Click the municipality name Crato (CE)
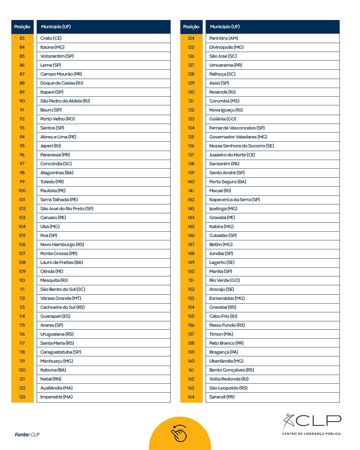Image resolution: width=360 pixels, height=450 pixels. [x=51, y=38]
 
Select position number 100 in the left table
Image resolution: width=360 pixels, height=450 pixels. [x=22, y=191]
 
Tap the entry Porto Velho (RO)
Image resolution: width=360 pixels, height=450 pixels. [x=57, y=119]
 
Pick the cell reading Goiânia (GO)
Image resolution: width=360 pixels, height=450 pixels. [x=223, y=119]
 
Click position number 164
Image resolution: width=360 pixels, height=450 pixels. [x=191, y=397]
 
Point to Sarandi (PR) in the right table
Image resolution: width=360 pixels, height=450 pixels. [x=222, y=397]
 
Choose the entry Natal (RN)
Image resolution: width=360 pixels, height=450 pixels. [x=51, y=379]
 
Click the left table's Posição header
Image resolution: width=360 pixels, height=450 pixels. [x=22, y=27]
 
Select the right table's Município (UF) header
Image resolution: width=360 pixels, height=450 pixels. [x=225, y=27]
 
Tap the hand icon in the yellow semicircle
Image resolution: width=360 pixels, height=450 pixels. [x=179, y=433]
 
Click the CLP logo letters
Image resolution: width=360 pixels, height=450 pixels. [x=318, y=421]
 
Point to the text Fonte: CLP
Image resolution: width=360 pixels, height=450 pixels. [x=27, y=435]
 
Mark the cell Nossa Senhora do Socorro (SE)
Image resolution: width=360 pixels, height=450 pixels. [x=241, y=146]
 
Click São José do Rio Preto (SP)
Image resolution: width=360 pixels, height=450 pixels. [x=67, y=209]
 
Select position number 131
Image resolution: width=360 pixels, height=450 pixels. [x=191, y=101]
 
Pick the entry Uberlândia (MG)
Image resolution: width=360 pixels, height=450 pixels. [x=226, y=361]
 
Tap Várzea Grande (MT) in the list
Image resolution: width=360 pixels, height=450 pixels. [x=61, y=298]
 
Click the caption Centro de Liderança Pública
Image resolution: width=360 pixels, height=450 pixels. [x=311, y=434]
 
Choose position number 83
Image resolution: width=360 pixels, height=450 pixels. [x=22, y=38]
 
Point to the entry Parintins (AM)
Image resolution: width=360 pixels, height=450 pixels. [x=223, y=38]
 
